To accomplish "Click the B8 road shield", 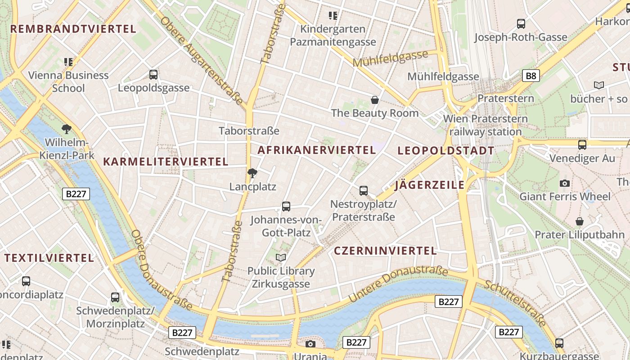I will (531, 76).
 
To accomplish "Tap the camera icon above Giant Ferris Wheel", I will (565, 183).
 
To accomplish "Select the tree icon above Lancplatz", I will (252, 173).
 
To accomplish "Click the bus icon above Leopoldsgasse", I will (153, 75).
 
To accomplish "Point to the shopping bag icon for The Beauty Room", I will (374, 99).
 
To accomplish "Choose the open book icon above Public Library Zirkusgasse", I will (281, 257).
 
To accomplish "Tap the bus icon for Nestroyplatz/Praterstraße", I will (364, 191).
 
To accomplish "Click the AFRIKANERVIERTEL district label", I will (316, 150).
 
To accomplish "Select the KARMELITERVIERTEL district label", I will (166, 162).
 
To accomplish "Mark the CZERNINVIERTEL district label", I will (385, 251).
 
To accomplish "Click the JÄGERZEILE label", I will (429, 185).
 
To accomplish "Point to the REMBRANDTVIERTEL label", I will (73, 29).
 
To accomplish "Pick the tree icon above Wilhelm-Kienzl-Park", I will (67, 130).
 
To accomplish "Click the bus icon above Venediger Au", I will (582, 145).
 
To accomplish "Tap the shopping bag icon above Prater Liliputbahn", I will (580, 221).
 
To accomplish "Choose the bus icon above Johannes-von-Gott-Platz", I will (286, 207).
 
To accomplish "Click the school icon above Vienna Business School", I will (68, 62).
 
